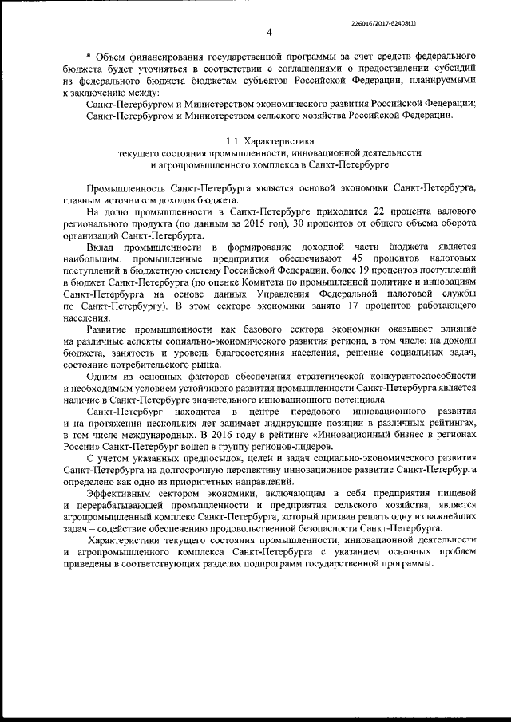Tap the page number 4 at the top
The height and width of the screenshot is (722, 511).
click(x=269, y=32)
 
